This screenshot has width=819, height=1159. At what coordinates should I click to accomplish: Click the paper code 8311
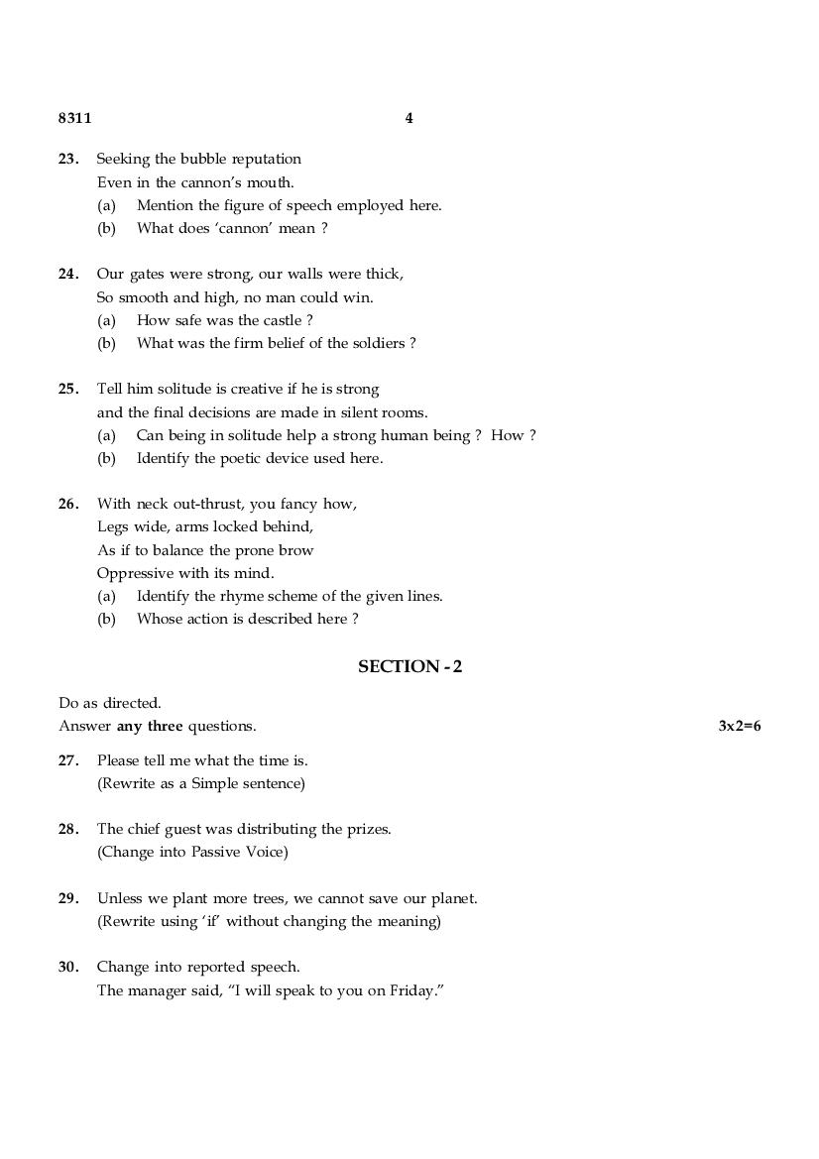pos(74,118)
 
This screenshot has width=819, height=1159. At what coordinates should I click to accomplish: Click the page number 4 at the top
pos(409,118)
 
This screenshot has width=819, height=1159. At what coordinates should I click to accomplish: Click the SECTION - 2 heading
pos(409,667)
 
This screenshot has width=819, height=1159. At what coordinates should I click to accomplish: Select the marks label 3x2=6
pos(740,726)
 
